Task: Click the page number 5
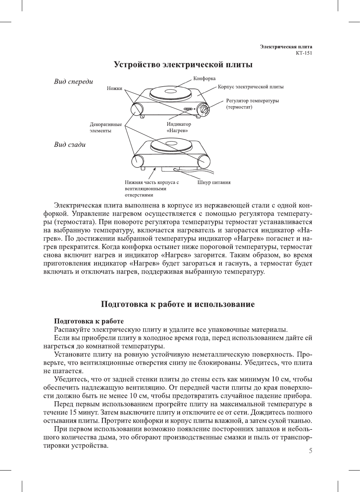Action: (x=310, y=451)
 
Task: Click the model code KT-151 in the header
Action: (x=304, y=53)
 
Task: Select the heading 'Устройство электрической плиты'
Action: (x=183, y=65)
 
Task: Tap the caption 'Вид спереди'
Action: (x=73, y=82)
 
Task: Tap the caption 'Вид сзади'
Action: (x=70, y=145)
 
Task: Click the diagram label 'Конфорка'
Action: (x=204, y=78)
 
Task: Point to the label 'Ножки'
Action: (x=114, y=88)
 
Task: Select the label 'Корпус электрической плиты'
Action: (x=250, y=87)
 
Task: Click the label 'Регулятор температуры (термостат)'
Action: (x=252, y=104)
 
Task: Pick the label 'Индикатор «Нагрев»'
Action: (x=179, y=127)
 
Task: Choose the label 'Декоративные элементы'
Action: (x=105, y=128)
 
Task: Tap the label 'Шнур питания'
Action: (x=214, y=183)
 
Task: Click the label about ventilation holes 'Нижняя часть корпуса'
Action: (x=152, y=189)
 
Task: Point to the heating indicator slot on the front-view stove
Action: (x=188, y=110)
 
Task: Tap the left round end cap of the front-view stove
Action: (x=136, y=109)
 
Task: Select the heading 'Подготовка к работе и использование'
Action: (x=178, y=305)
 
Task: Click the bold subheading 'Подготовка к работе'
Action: (x=89, y=321)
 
